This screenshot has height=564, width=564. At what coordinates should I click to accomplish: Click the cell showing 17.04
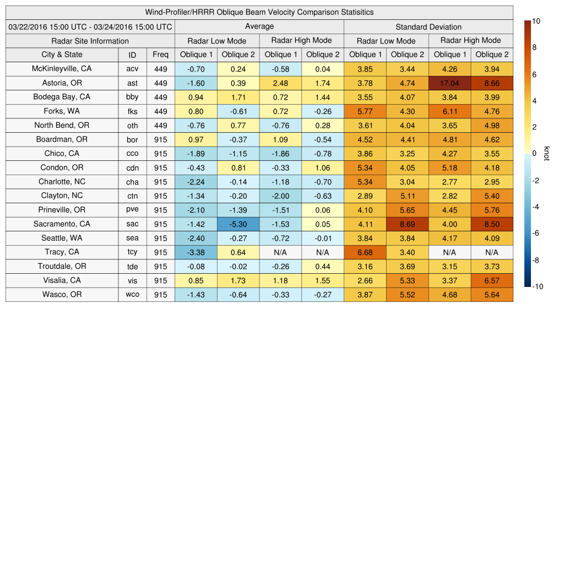449,83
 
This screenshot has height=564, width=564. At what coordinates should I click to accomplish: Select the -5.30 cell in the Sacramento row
238,224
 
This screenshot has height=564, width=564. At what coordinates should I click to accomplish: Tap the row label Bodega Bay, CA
62,97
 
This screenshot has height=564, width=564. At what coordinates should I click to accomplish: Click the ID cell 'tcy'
132,252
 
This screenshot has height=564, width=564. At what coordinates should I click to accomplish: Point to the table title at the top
259,12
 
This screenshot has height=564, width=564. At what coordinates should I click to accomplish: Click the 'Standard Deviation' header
429,27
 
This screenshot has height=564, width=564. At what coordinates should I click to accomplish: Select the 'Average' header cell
259,26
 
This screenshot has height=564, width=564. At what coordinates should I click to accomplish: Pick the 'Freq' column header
160,55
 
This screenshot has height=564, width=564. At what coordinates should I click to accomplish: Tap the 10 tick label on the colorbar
536,21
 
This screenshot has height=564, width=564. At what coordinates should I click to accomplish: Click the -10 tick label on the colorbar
537,286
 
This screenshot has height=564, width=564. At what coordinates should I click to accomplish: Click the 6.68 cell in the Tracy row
365,252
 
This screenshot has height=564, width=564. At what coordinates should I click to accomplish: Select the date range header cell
90,27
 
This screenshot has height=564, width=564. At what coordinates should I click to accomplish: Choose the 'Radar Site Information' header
90,41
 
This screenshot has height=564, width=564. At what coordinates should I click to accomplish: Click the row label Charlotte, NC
62,182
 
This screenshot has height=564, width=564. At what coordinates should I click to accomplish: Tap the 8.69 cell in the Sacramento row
407,224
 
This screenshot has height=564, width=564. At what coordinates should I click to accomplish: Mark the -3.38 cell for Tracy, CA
196,252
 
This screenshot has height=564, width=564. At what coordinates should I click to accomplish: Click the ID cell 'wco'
132,295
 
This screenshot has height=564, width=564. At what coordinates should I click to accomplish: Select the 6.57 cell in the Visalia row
492,280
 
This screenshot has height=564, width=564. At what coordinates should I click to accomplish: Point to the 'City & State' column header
62,55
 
